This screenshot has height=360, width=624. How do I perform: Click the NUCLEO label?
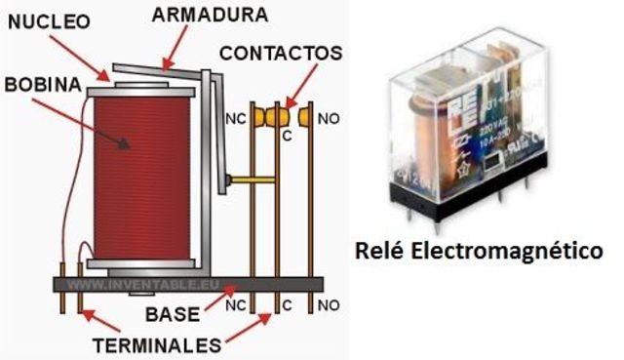pos(46,20)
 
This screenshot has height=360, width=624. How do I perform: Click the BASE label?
pos(172,314)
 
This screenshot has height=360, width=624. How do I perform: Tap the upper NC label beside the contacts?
pos(235,119)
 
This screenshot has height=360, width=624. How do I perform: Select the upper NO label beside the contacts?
pos(329,119)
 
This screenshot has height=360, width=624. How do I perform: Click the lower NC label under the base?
pos(235,305)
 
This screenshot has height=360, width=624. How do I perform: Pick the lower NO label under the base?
pos(329,305)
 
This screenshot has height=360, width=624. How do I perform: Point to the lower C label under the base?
pos(287,305)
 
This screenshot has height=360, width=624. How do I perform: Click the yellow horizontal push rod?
pos(252,179)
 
